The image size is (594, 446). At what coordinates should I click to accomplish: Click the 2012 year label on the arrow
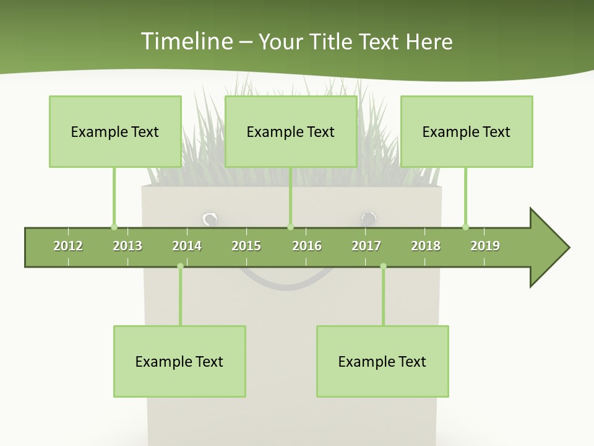click(x=68, y=246)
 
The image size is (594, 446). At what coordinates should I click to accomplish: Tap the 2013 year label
click(x=127, y=246)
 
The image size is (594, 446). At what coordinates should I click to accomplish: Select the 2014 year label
click(x=187, y=246)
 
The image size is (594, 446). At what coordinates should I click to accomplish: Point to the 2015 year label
click(x=246, y=246)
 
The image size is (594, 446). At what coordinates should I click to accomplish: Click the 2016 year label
click(x=307, y=246)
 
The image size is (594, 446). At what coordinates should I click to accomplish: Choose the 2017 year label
click(x=366, y=246)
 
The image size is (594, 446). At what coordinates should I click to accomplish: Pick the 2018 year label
click(x=426, y=246)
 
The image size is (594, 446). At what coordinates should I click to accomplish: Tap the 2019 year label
click(x=485, y=246)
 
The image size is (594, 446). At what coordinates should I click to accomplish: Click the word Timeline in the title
click(x=186, y=42)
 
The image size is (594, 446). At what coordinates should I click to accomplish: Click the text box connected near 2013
click(x=115, y=131)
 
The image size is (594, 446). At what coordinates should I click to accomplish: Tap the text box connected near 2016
click(x=291, y=131)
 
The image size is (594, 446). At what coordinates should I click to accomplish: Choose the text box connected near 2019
click(x=467, y=131)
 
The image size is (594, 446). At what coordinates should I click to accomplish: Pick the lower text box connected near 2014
click(x=179, y=361)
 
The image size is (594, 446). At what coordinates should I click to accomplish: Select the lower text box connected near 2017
click(x=382, y=361)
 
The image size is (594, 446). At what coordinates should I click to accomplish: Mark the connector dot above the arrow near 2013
click(x=114, y=227)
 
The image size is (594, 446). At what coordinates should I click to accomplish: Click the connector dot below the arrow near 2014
click(x=180, y=266)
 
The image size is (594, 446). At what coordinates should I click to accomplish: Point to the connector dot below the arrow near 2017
click(x=383, y=266)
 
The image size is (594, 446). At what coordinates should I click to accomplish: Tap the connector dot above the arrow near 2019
click(x=465, y=227)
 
